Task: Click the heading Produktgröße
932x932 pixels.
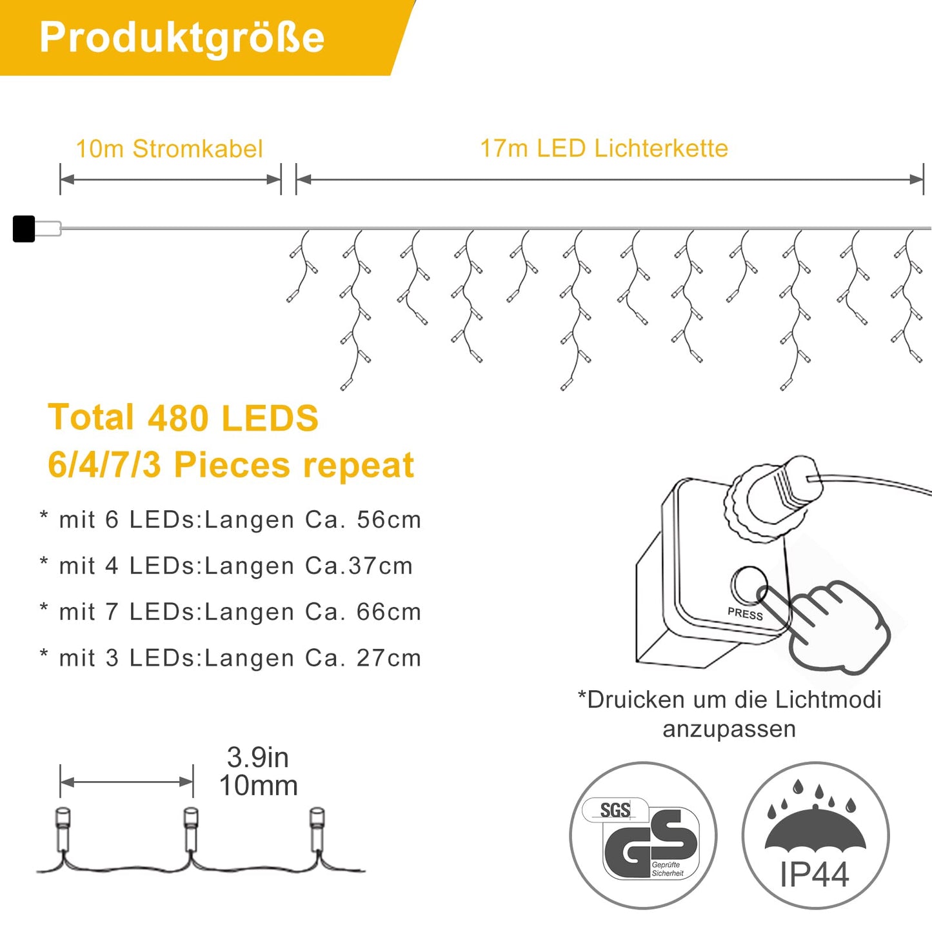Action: point(181,37)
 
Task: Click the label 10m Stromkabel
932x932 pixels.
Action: point(169,149)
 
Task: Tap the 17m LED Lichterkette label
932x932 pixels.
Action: point(604,148)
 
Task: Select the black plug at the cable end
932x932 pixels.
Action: point(24,229)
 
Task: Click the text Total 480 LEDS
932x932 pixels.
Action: point(183,417)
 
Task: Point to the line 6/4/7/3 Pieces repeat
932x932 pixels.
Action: point(230,465)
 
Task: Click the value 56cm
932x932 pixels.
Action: point(389,520)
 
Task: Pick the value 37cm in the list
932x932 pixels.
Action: point(381,566)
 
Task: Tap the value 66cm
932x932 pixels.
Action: point(389,611)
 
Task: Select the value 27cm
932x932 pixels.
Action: point(389,658)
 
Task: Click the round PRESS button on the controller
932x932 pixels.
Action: point(748,584)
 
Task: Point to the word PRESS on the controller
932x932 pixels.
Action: point(745,614)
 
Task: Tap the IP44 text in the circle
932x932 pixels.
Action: point(814,875)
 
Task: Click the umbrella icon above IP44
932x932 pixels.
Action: point(815,827)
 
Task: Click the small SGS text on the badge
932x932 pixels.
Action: point(615,810)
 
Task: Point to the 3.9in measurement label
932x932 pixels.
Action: point(258,757)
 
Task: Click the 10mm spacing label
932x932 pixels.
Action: point(258,786)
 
